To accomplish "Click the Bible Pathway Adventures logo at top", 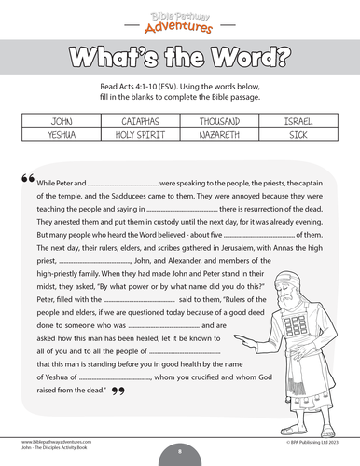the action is (180, 17).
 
